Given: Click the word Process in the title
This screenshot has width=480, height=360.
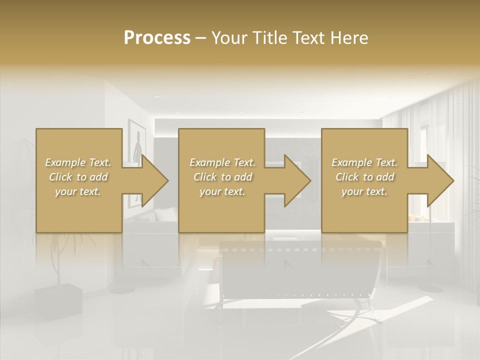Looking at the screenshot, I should tap(157, 38).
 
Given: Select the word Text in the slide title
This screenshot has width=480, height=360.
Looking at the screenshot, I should tap(309, 38).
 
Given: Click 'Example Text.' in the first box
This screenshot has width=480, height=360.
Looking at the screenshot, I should tap(78, 162).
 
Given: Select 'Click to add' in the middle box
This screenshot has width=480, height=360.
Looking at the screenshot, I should tap(222, 177).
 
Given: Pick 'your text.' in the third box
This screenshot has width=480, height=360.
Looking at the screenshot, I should tap(364, 191).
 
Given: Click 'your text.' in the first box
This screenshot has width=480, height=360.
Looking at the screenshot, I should tap(78, 191).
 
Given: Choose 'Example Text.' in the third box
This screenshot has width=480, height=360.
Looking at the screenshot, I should tap(364, 162).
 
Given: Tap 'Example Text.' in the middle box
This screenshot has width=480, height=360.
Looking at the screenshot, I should tap(222, 162).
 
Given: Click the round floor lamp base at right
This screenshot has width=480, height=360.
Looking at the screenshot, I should tap(429, 288).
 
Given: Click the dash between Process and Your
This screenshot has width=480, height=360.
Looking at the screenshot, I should tap(200, 38).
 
